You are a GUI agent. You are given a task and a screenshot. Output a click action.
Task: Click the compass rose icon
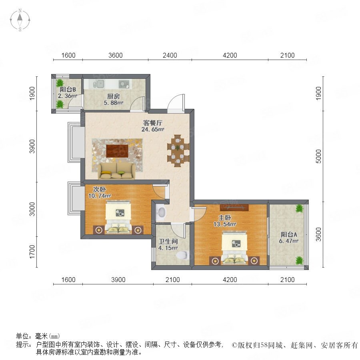(20, 20)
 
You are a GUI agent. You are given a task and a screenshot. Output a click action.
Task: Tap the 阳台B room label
(68, 90)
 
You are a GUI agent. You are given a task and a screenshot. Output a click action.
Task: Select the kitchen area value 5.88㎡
(114, 103)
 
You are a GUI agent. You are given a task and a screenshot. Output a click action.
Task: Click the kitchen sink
(99, 84)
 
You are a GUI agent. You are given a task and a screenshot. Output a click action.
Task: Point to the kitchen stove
(124, 84)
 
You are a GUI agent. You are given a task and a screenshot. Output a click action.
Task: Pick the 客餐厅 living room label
(153, 123)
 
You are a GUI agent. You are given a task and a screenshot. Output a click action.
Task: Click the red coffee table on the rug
(117, 151)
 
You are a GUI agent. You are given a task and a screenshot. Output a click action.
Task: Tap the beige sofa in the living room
(117, 171)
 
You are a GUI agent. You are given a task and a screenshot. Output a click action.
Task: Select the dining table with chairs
(178, 151)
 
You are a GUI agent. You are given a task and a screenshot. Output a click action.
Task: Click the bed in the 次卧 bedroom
(118, 217)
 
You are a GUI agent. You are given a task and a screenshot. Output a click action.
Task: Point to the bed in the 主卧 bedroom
(234, 248)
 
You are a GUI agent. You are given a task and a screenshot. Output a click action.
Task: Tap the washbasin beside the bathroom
(162, 212)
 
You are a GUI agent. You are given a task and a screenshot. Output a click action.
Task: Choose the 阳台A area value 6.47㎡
(288, 241)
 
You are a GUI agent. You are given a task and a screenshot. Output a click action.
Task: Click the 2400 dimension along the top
(170, 55)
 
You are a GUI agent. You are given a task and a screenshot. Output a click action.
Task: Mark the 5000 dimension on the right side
(318, 156)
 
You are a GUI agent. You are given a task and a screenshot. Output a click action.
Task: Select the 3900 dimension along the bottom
(118, 280)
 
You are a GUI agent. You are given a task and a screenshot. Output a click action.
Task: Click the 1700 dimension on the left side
(32, 252)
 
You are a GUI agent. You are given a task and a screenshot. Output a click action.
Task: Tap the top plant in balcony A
(299, 208)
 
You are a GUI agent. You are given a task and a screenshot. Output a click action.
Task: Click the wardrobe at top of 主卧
(234, 207)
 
